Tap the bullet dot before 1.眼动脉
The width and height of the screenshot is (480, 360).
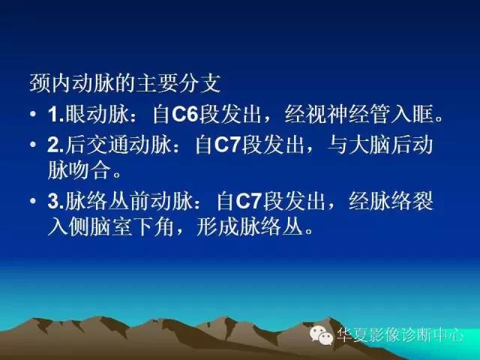(34, 116)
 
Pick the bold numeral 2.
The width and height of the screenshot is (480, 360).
(54, 145)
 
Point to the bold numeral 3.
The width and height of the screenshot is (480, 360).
(54, 202)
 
